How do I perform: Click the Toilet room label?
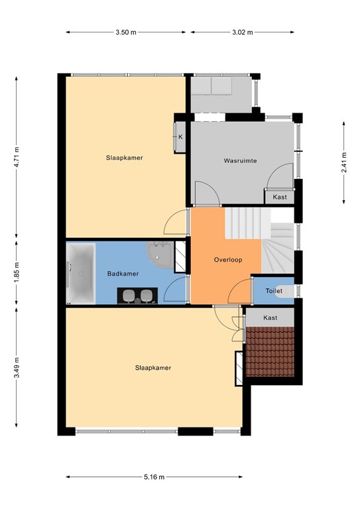pos(274,291)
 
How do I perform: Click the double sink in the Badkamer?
pos(137,296)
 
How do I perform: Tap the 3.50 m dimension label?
pos(125,31)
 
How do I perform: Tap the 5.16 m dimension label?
pos(154,477)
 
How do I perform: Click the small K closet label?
pos(180,137)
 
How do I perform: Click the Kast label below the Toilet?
pos(270,318)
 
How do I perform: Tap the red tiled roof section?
pos(270,352)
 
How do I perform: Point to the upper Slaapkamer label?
pos(125,158)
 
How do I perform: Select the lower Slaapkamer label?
pos(154,367)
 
